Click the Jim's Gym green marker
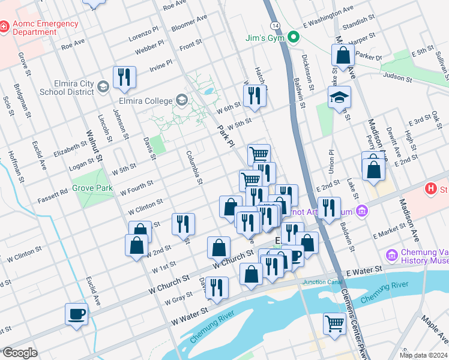pyautogui.click(x=294, y=38)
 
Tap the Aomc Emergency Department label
pyautogui.click(x=45, y=28)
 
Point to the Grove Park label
pyautogui.click(x=92, y=188)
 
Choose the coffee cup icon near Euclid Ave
pyautogui.click(x=77, y=314)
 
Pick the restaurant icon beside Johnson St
pyautogui.click(x=124, y=76)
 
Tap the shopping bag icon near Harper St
pyautogui.click(x=342, y=55)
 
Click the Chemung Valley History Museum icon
pyautogui.click(x=392, y=255)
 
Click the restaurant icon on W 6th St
pyautogui.click(x=255, y=96)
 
